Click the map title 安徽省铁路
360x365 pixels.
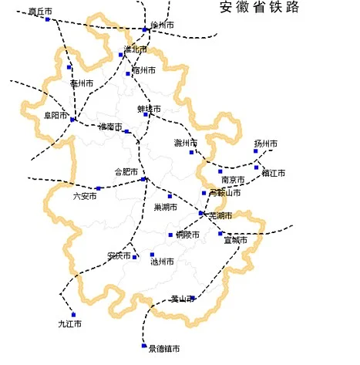[x=260, y=8]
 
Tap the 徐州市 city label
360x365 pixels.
[x=162, y=25]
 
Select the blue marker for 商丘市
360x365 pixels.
[x=48, y=20]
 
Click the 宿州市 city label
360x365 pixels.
[x=144, y=70]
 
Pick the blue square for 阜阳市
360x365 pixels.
[x=72, y=119]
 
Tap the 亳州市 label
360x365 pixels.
[x=82, y=83]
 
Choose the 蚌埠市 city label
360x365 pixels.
[x=150, y=109]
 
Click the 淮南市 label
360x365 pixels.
[x=110, y=127]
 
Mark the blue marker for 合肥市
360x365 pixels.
[x=144, y=179]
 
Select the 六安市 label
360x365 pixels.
[x=85, y=197]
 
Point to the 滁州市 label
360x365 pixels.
[x=186, y=143]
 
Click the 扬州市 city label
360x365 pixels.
[x=266, y=144]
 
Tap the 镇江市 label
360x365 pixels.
[x=273, y=173]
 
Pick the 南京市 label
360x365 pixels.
[x=233, y=180]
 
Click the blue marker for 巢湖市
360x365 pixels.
[x=170, y=196]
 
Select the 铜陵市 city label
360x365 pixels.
[x=187, y=235]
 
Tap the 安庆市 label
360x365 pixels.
[x=119, y=255]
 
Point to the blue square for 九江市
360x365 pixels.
[x=73, y=314]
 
